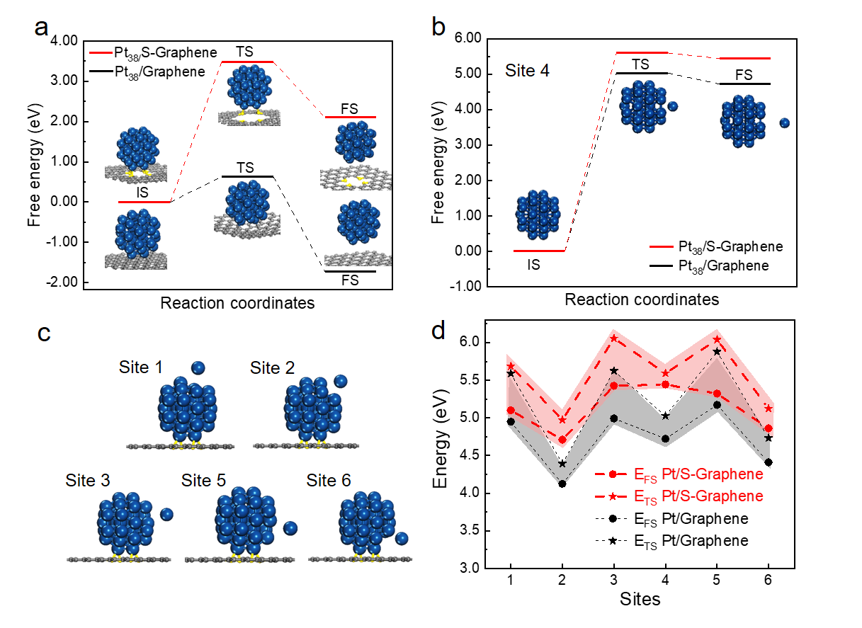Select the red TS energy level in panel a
247,62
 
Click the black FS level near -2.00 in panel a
350,271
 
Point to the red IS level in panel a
144,202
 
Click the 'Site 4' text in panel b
528,71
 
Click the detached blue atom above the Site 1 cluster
198,367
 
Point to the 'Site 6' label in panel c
329,481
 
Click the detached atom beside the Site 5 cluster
290,528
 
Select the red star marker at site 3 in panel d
614,339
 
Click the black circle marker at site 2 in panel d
562,484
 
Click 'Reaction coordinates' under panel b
641,299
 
